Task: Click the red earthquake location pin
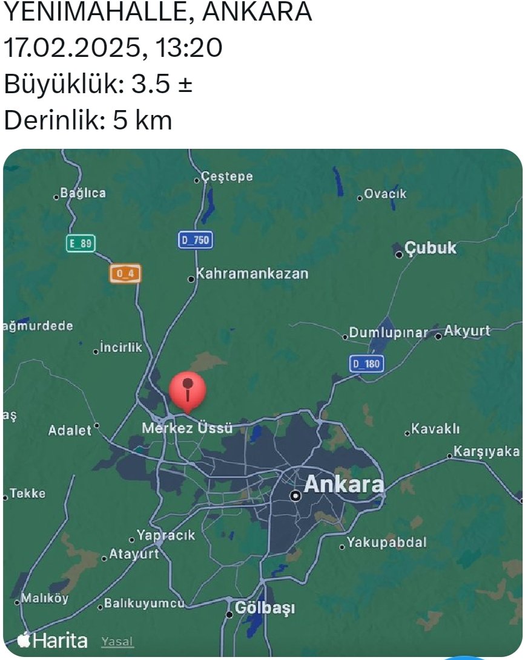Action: (188, 390)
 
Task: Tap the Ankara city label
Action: (343, 485)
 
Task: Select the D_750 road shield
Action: (195, 240)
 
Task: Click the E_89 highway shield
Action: (81, 243)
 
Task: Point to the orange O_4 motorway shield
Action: (125, 273)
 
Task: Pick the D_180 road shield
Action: (367, 364)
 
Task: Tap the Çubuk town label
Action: (430, 248)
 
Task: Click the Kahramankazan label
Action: (252, 273)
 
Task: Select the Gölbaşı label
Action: (265, 608)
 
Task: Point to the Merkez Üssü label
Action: (187, 428)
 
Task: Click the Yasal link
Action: (117, 641)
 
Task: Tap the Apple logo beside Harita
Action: (24, 640)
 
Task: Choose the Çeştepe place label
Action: (227, 177)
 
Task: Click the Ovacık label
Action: (385, 194)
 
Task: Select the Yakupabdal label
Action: (387, 542)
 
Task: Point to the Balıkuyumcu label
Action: (144, 603)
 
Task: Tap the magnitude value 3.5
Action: (151, 84)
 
